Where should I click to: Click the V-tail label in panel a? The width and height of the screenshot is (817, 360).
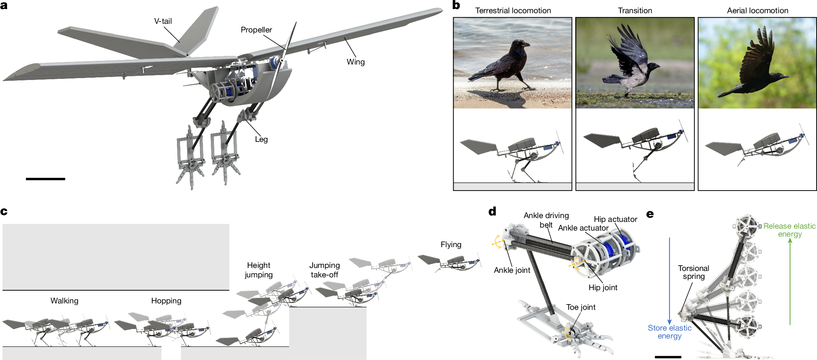(163, 22)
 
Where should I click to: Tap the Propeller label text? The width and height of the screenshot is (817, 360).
(256, 30)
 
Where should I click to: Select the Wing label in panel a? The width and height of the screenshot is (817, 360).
(355, 62)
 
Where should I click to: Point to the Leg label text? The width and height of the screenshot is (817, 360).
(261, 139)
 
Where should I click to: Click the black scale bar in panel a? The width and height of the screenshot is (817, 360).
(45, 179)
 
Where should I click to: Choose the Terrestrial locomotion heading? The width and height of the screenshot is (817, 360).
(513, 11)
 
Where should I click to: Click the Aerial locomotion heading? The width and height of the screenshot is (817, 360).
(757, 11)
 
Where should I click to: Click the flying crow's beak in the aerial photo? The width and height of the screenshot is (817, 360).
(785, 77)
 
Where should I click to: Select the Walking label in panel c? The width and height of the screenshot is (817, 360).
(65, 301)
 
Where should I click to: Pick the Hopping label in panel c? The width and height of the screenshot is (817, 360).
(166, 301)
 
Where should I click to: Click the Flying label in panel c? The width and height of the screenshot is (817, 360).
(451, 245)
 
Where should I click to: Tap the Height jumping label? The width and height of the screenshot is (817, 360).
(258, 270)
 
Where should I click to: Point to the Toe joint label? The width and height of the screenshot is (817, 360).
(581, 307)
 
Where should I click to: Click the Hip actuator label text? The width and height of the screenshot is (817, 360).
(615, 219)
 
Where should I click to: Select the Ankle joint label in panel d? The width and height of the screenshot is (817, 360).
(512, 270)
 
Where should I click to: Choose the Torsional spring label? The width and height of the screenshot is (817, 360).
(693, 272)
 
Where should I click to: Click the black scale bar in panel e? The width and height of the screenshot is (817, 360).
(668, 357)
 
